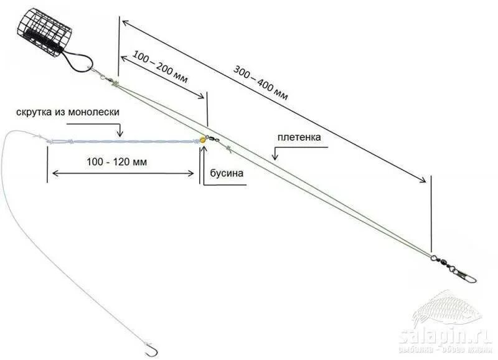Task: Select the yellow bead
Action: pyautogui.click(x=203, y=140)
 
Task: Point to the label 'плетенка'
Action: pyautogui.click(x=300, y=137)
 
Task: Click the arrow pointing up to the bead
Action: pyautogui.click(x=201, y=167)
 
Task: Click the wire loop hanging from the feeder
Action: pyautogui.click(x=78, y=60)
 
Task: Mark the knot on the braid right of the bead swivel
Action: pyautogui.click(x=230, y=148)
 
